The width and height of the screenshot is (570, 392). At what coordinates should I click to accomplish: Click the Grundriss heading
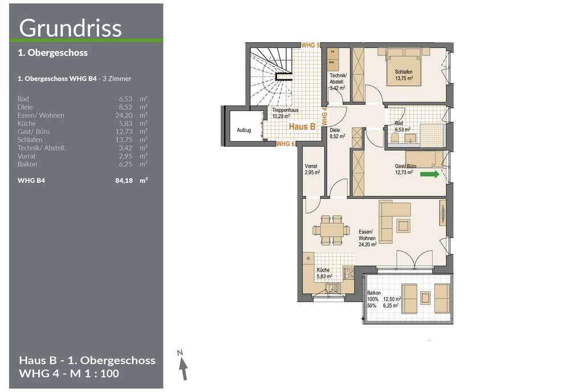coord(70,28)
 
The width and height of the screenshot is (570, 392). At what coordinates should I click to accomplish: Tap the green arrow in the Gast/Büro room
coord(430,174)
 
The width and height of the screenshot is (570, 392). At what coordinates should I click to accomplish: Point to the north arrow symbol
coord(183,365)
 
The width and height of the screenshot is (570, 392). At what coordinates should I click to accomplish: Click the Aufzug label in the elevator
coord(244,130)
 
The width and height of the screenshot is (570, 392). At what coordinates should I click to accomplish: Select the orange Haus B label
coord(302,126)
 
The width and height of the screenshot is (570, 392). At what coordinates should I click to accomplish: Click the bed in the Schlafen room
coord(404,67)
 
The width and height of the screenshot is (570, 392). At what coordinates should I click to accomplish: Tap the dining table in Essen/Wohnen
coord(331,230)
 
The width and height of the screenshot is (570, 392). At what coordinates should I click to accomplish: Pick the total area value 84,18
coord(124,181)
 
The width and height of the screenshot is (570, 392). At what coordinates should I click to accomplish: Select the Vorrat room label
coord(311,166)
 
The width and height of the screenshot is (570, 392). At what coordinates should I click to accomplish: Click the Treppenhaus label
coord(286,110)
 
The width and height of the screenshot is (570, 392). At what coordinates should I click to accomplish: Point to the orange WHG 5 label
coord(311,46)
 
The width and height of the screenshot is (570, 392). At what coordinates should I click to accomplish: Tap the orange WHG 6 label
coord(286,144)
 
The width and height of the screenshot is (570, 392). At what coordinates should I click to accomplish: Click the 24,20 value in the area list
coord(124,116)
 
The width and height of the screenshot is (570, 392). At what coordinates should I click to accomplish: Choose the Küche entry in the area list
coord(27,124)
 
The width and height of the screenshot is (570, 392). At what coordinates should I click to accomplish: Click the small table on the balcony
coord(426,298)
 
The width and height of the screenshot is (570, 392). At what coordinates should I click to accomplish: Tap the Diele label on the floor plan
coord(335,130)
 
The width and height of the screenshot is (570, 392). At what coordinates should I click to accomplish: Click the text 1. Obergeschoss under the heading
coord(52,52)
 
